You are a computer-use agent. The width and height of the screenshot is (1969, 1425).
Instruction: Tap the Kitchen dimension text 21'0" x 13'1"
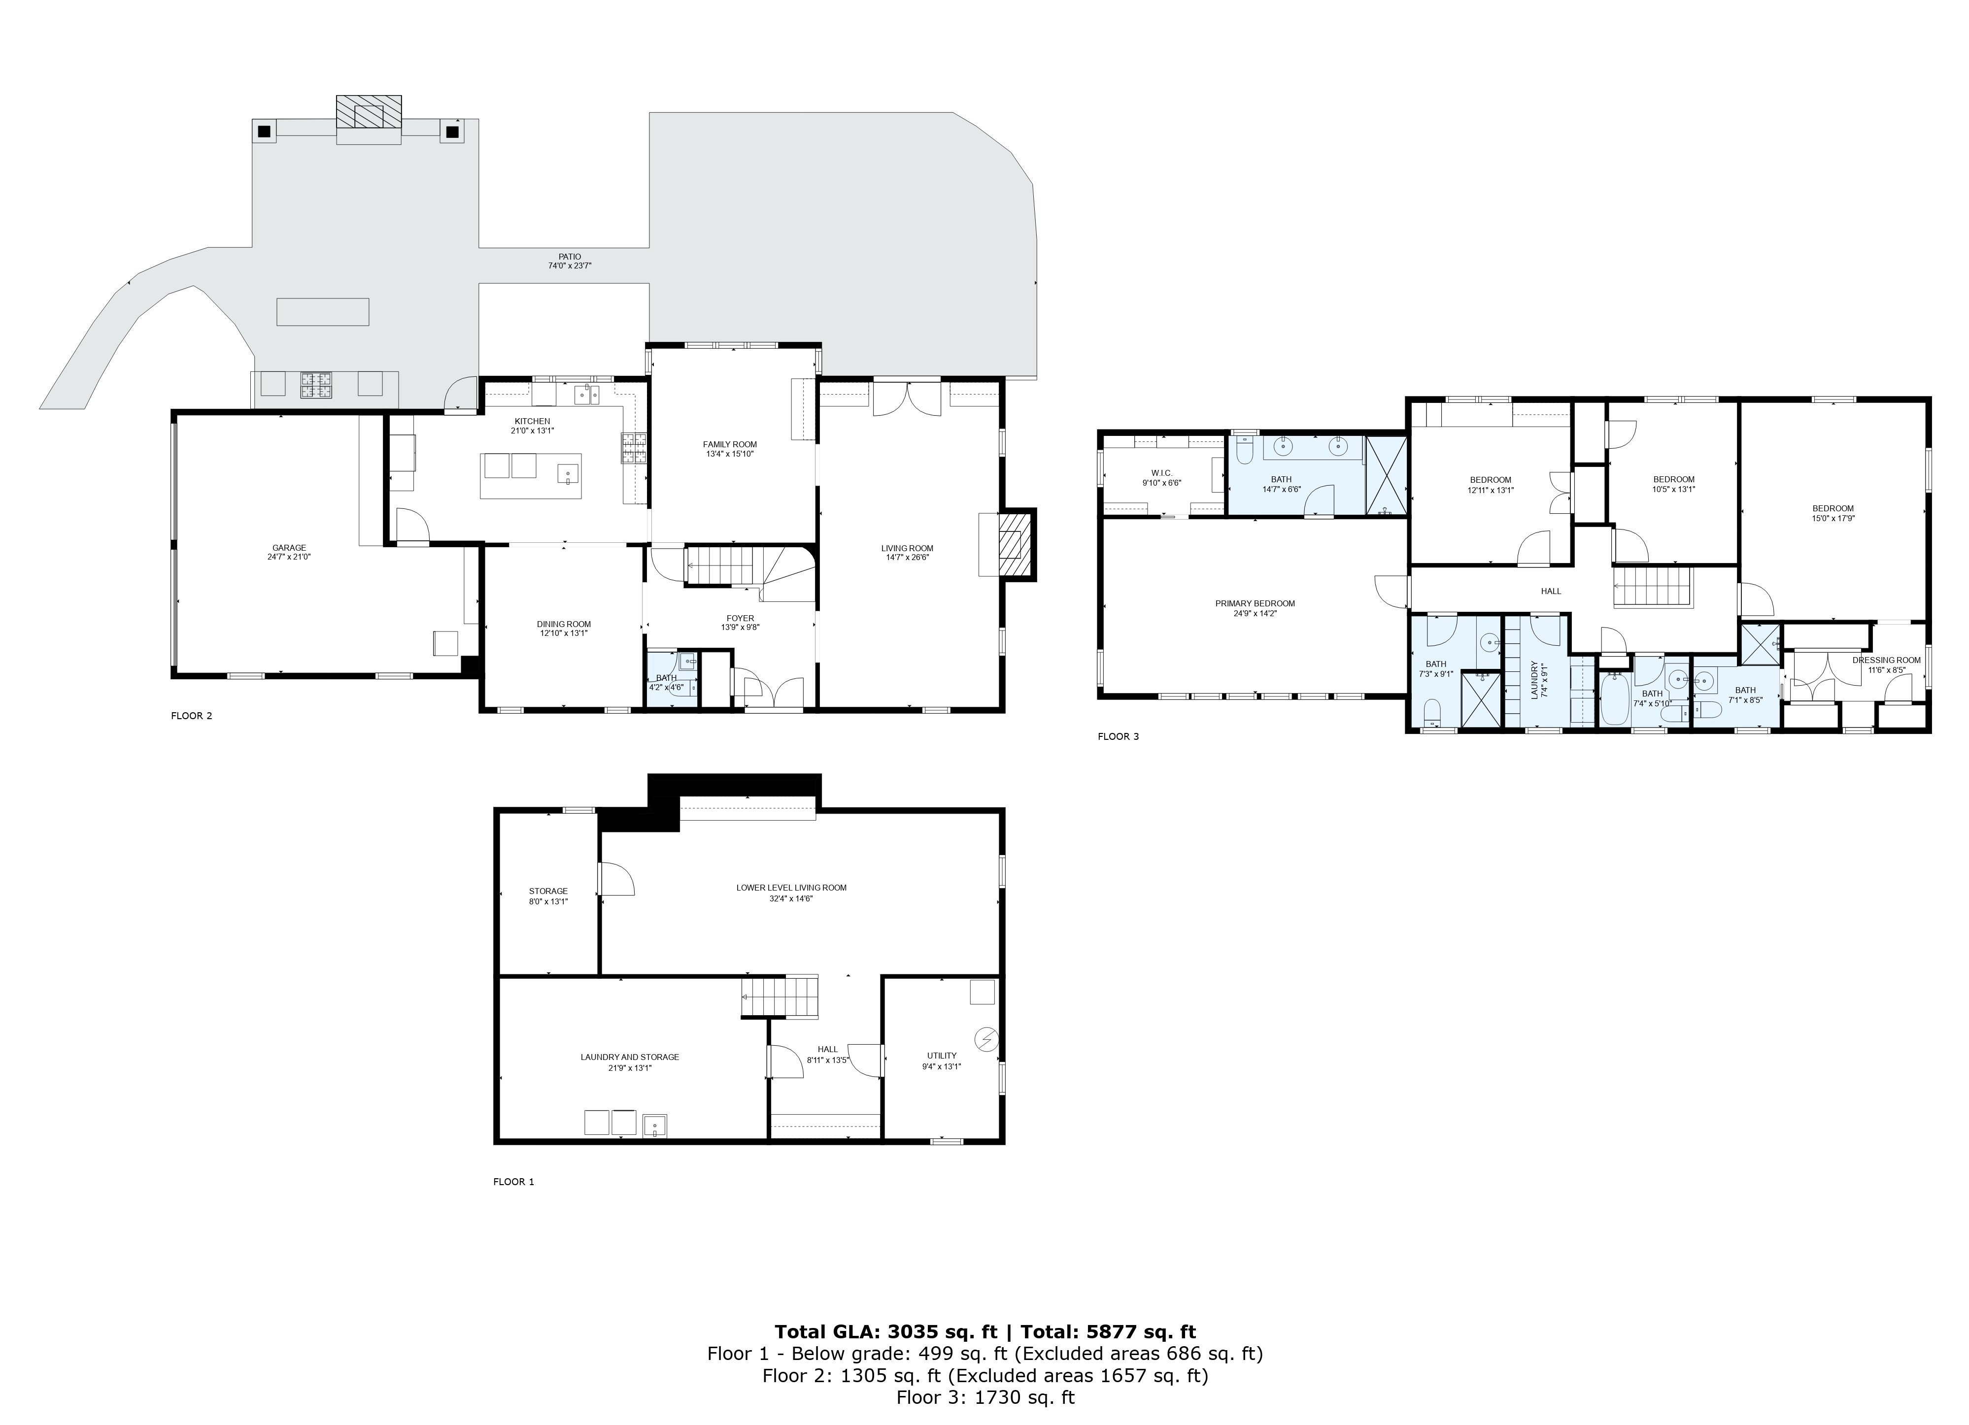tap(532, 431)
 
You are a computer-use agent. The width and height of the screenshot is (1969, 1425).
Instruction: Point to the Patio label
tap(570, 257)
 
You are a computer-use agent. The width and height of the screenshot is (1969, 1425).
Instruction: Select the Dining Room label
tap(563, 624)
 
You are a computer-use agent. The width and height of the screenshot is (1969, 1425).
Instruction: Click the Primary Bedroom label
tap(1255, 604)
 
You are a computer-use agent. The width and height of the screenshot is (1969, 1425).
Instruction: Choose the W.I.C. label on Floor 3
tap(1161, 473)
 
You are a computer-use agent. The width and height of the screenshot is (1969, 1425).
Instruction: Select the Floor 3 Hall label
tap(1551, 591)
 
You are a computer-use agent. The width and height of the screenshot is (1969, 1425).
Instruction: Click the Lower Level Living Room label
tap(791, 888)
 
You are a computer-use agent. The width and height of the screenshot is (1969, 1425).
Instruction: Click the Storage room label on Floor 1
tap(548, 891)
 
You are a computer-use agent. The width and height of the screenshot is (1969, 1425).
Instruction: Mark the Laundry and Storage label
tap(629, 1057)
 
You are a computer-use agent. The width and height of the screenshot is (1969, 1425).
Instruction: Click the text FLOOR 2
tap(192, 716)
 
